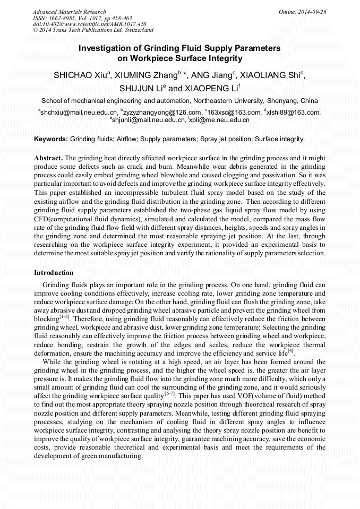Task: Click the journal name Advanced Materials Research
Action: [x=69, y=12]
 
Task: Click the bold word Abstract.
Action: [x=48, y=159]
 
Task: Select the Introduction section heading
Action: [x=54, y=273]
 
